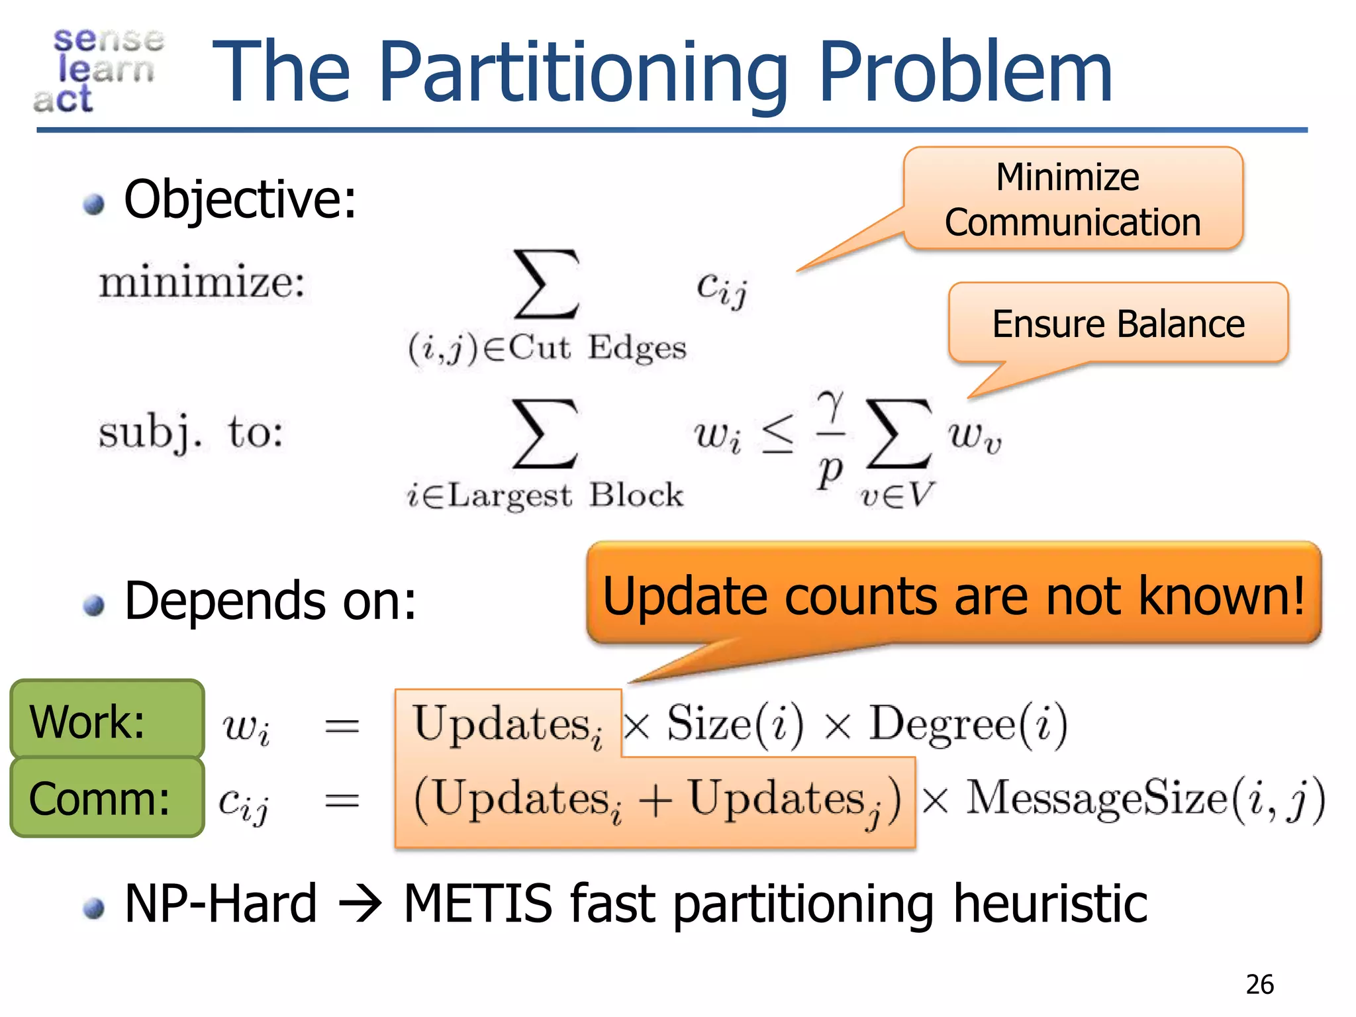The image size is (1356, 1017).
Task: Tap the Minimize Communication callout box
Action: (1073, 199)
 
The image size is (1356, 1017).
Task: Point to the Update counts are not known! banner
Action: (953, 594)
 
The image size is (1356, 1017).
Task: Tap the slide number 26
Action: (1259, 985)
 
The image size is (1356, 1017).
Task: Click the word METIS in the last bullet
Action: (477, 904)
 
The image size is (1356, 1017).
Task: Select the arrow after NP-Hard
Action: (360, 904)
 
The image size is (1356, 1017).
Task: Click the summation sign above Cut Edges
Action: (547, 285)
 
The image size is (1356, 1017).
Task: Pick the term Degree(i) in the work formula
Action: (967, 724)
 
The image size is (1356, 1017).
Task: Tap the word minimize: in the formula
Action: (202, 283)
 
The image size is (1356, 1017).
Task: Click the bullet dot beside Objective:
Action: (94, 204)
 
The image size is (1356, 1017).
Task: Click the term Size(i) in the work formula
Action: (735, 724)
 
